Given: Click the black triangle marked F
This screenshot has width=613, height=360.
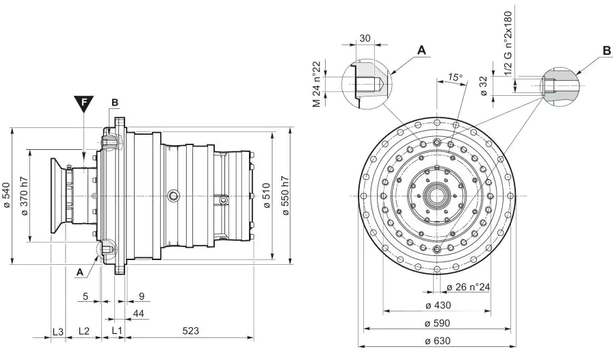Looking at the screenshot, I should pos(83,104).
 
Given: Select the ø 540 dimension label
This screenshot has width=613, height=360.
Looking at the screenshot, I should pos(6,196).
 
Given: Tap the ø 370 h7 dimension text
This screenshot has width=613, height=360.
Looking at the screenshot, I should pos(25,196).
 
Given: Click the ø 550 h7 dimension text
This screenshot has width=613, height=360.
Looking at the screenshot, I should pos(286,196).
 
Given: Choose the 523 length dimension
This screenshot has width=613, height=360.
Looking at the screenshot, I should pos(191,331).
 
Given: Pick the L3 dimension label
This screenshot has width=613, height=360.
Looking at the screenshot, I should pos(58,331).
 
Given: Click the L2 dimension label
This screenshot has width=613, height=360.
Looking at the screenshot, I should pos(83,331).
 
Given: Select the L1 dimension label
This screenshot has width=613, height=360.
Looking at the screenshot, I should pos(116,331).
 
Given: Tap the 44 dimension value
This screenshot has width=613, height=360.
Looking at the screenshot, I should pos(138,313).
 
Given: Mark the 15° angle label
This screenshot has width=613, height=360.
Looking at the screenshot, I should pos(455,77).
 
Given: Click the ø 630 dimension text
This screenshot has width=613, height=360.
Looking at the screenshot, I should pos(436,340).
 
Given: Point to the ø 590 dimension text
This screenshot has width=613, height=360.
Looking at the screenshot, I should pos(436,323).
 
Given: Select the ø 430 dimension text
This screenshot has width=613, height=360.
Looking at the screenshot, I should pos(436,305).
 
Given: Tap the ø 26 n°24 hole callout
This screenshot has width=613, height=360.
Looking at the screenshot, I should pos(468,287).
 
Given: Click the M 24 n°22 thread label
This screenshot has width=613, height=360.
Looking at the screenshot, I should pos(317,83).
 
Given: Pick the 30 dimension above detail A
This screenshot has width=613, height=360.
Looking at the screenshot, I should pos(364,38).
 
